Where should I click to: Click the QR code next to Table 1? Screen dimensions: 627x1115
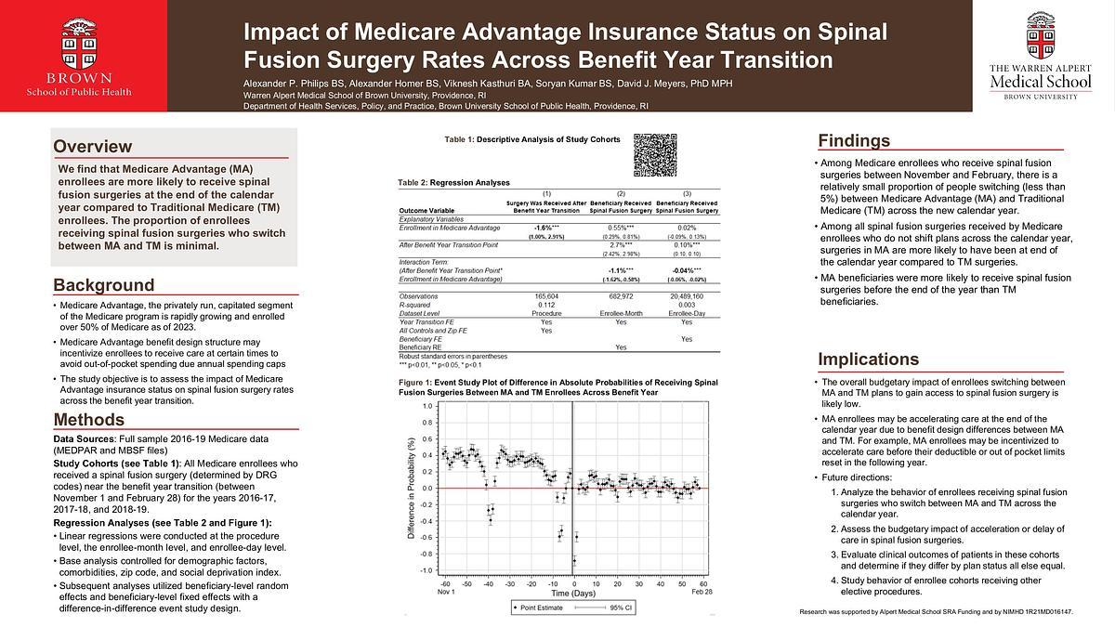654,154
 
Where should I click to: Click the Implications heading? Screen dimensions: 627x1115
868,359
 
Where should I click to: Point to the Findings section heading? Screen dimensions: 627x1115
853,141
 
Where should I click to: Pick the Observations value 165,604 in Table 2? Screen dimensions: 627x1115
545,295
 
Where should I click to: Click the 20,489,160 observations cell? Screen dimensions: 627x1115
686,295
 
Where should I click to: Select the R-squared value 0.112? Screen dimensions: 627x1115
545,304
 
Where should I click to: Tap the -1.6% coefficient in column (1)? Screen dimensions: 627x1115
545,228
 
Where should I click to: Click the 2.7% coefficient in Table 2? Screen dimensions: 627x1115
621,244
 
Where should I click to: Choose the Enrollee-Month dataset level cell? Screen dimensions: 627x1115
621,312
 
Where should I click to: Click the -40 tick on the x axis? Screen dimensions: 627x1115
488,585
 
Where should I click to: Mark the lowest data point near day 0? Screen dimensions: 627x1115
574,560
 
